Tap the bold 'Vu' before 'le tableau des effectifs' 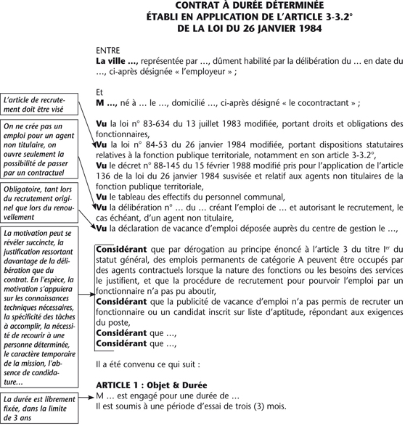(x=102, y=197)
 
